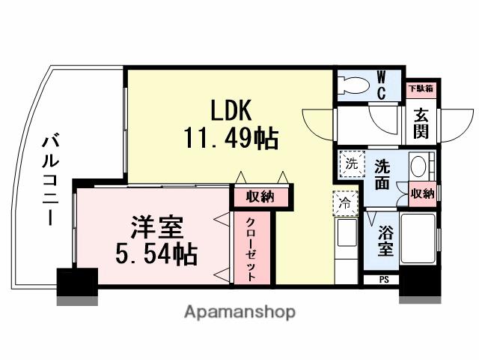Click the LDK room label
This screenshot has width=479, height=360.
(230, 111)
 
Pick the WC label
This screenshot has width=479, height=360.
(381, 84)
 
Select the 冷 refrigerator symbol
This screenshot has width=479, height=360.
(345, 202)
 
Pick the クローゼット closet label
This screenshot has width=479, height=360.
(252, 250)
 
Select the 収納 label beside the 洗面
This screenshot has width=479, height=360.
(423, 193)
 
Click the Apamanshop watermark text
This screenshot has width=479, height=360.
(239, 311)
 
